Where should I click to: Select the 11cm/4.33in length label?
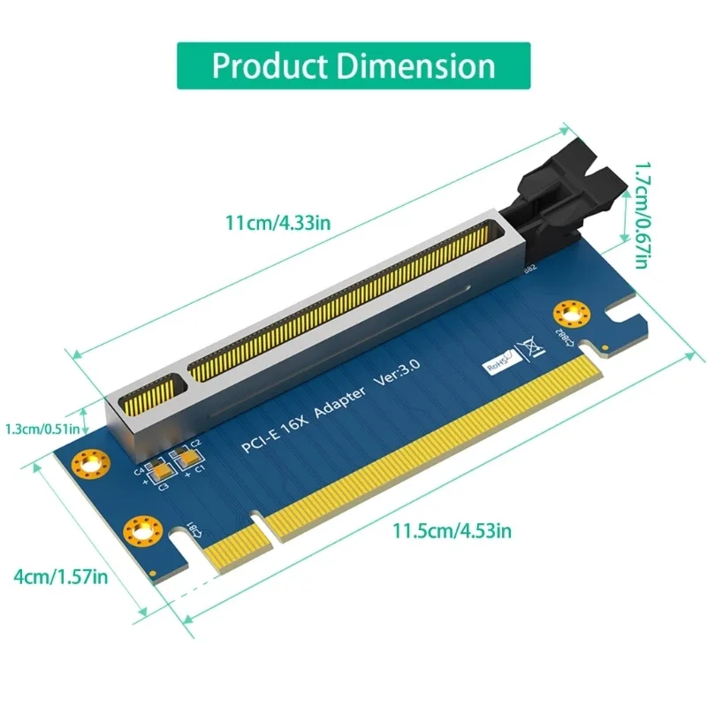(x=280, y=223)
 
